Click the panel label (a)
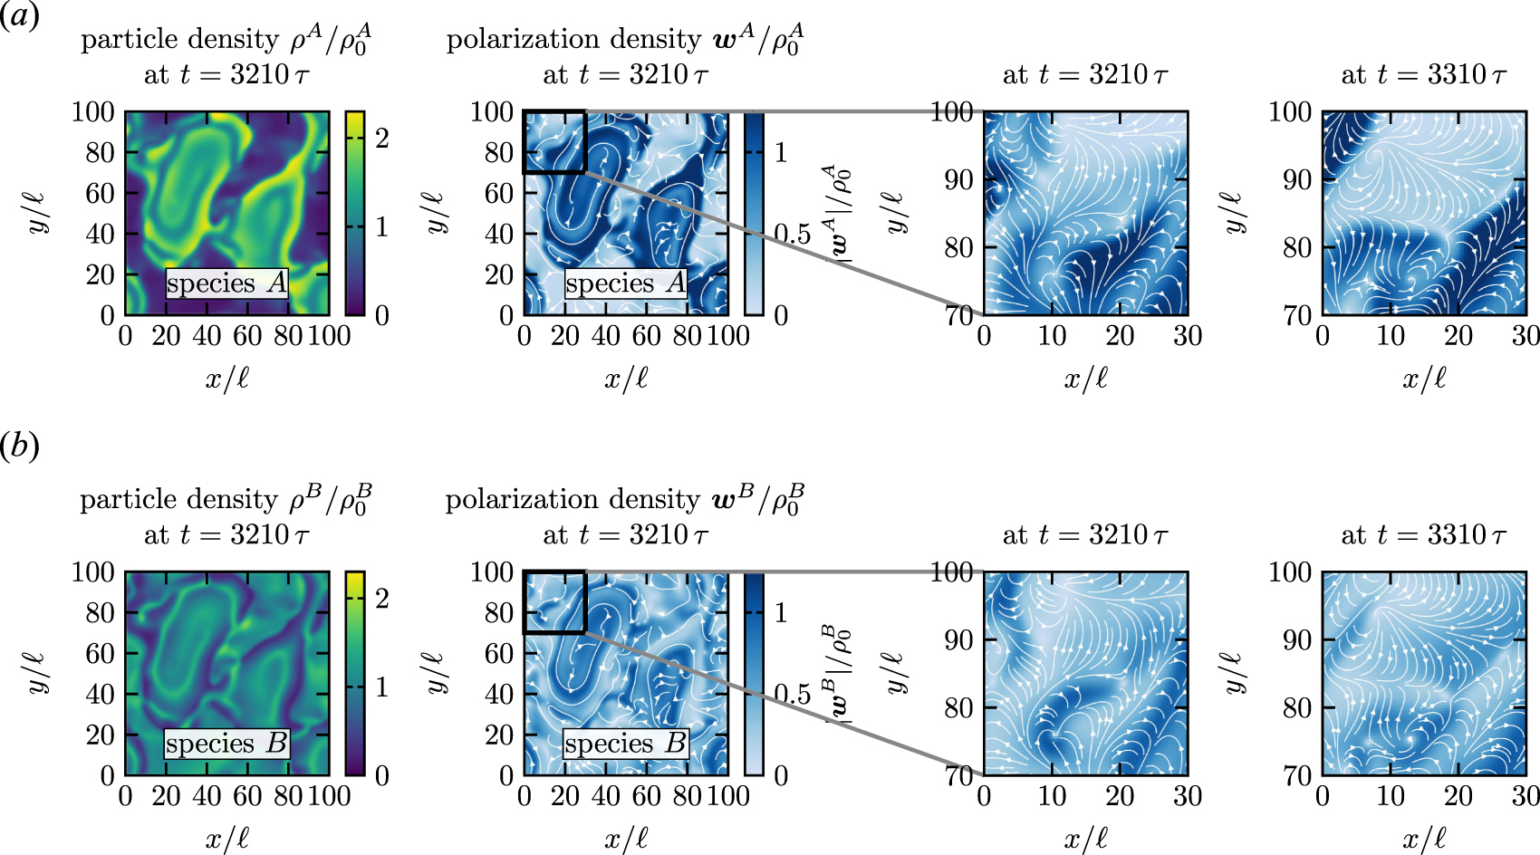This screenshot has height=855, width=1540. pos(19,15)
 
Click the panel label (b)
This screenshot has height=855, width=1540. pos(19,446)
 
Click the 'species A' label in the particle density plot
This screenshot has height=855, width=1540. pos(226,283)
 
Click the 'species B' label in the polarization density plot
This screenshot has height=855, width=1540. pos(625,744)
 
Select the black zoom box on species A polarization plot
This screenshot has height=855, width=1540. pos(554,141)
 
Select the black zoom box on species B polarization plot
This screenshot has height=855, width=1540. pos(554,601)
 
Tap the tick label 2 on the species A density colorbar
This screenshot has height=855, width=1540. pos(382,139)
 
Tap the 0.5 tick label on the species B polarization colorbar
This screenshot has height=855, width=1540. pos(793,695)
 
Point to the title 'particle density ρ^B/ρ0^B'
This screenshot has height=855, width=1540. pos(226,500)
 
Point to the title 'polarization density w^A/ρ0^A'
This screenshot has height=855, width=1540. pos(625,40)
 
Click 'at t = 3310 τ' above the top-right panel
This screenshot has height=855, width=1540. pos(1423,75)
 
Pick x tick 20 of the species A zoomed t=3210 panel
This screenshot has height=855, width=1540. pos(1120,336)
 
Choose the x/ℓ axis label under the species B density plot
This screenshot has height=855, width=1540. pos(226,839)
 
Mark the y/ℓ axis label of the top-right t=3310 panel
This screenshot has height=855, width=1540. pos(1233,214)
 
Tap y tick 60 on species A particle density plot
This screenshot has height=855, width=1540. pos(100,193)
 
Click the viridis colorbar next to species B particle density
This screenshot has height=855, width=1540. pos(355,673)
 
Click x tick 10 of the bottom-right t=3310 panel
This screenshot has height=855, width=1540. pos(1390,796)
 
